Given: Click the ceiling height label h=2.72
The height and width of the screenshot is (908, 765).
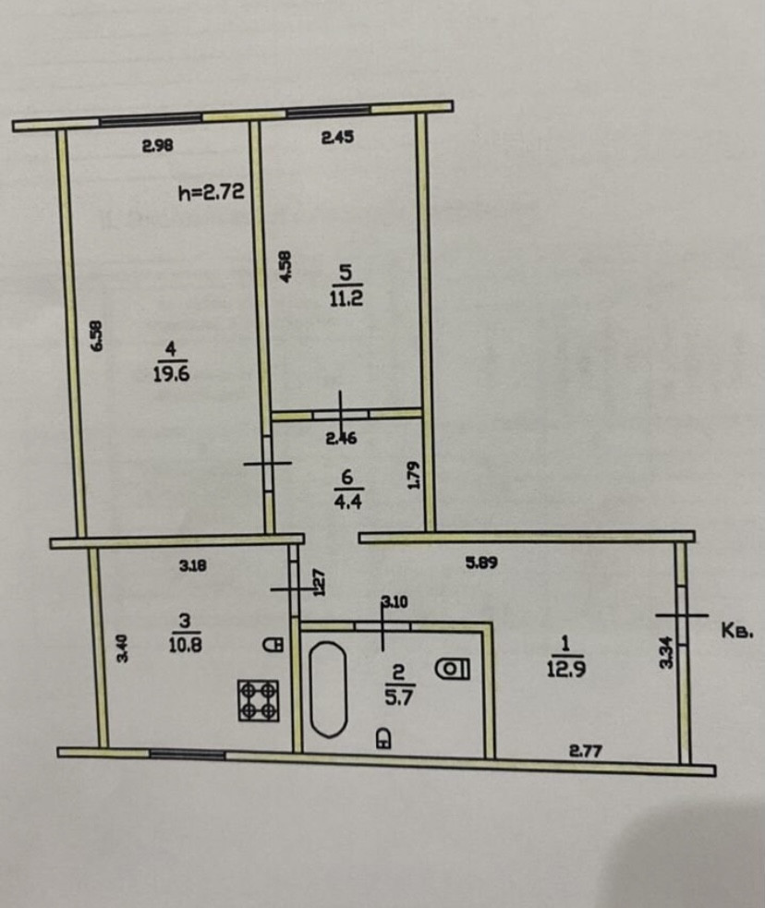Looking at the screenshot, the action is tap(210, 193).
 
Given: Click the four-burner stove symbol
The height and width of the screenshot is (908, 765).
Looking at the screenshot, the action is tap(259, 699).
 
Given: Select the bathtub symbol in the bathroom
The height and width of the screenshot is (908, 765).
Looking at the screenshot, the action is tap(327, 689).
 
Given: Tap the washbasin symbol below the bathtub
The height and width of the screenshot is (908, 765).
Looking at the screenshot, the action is tap(382, 737).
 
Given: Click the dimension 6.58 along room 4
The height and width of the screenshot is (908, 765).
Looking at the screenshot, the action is tap(99, 334).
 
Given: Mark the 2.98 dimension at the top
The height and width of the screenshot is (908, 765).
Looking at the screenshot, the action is tap(157, 144).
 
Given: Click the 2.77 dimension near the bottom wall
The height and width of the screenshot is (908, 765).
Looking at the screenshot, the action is tap(586, 752).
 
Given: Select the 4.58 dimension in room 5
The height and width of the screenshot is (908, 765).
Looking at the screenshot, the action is tap(285, 267).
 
